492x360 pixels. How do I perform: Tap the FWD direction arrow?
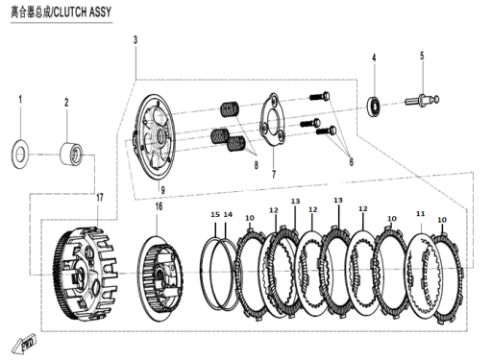coord(24,345)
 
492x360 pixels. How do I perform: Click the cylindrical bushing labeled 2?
coord(72,155)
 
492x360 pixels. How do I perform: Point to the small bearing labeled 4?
coord(374,106)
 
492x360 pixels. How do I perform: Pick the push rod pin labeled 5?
coord(422,100)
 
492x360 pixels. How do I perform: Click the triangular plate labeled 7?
coord(273,120)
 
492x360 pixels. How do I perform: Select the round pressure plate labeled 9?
coord(155,136)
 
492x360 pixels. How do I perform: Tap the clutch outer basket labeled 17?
coord(86,276)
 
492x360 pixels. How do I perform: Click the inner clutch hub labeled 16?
coord(160,278)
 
